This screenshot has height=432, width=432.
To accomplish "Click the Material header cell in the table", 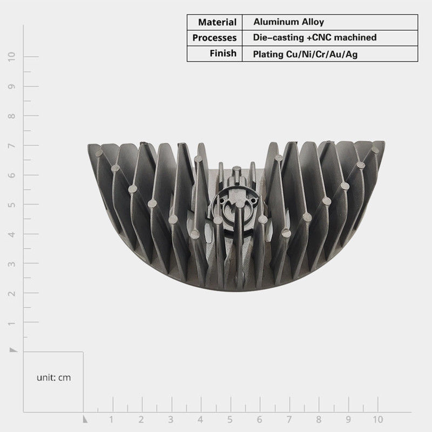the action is [x=217, y=22].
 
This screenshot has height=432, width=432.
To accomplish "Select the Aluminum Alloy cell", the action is [x=288, y=22].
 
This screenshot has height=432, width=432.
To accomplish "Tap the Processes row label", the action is [x=214, y=38].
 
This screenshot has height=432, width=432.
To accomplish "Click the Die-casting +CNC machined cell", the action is [x=315, y=37].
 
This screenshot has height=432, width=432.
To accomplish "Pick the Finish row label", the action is [x=223, y=53].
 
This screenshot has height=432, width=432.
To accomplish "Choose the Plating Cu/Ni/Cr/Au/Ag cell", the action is [x=305, y=54].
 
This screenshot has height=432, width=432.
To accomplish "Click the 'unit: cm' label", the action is [x=53, y=377].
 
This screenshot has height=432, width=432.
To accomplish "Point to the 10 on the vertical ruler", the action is [x=11, y=57].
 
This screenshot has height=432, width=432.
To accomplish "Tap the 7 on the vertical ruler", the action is [x=11, y=145].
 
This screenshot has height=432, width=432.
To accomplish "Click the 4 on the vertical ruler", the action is [x=11, y=234].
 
